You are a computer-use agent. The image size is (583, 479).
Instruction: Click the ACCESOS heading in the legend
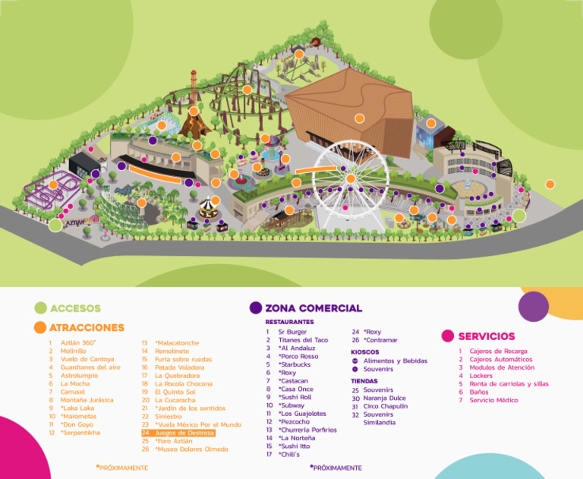[75, 308]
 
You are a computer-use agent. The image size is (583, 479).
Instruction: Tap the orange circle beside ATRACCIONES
[41, 328]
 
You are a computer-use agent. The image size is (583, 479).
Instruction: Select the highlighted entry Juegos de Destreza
[178, 433]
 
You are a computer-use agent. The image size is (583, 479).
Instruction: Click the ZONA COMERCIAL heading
[314, 308]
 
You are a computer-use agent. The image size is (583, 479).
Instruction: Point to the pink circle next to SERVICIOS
[448, 336]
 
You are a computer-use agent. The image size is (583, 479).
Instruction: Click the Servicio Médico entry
[493, 400]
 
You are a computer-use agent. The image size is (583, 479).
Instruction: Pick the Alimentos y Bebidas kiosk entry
[395, 361]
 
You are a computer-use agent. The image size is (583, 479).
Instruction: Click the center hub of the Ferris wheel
[351, 178]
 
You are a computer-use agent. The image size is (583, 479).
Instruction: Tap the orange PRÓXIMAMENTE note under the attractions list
[122, 468]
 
